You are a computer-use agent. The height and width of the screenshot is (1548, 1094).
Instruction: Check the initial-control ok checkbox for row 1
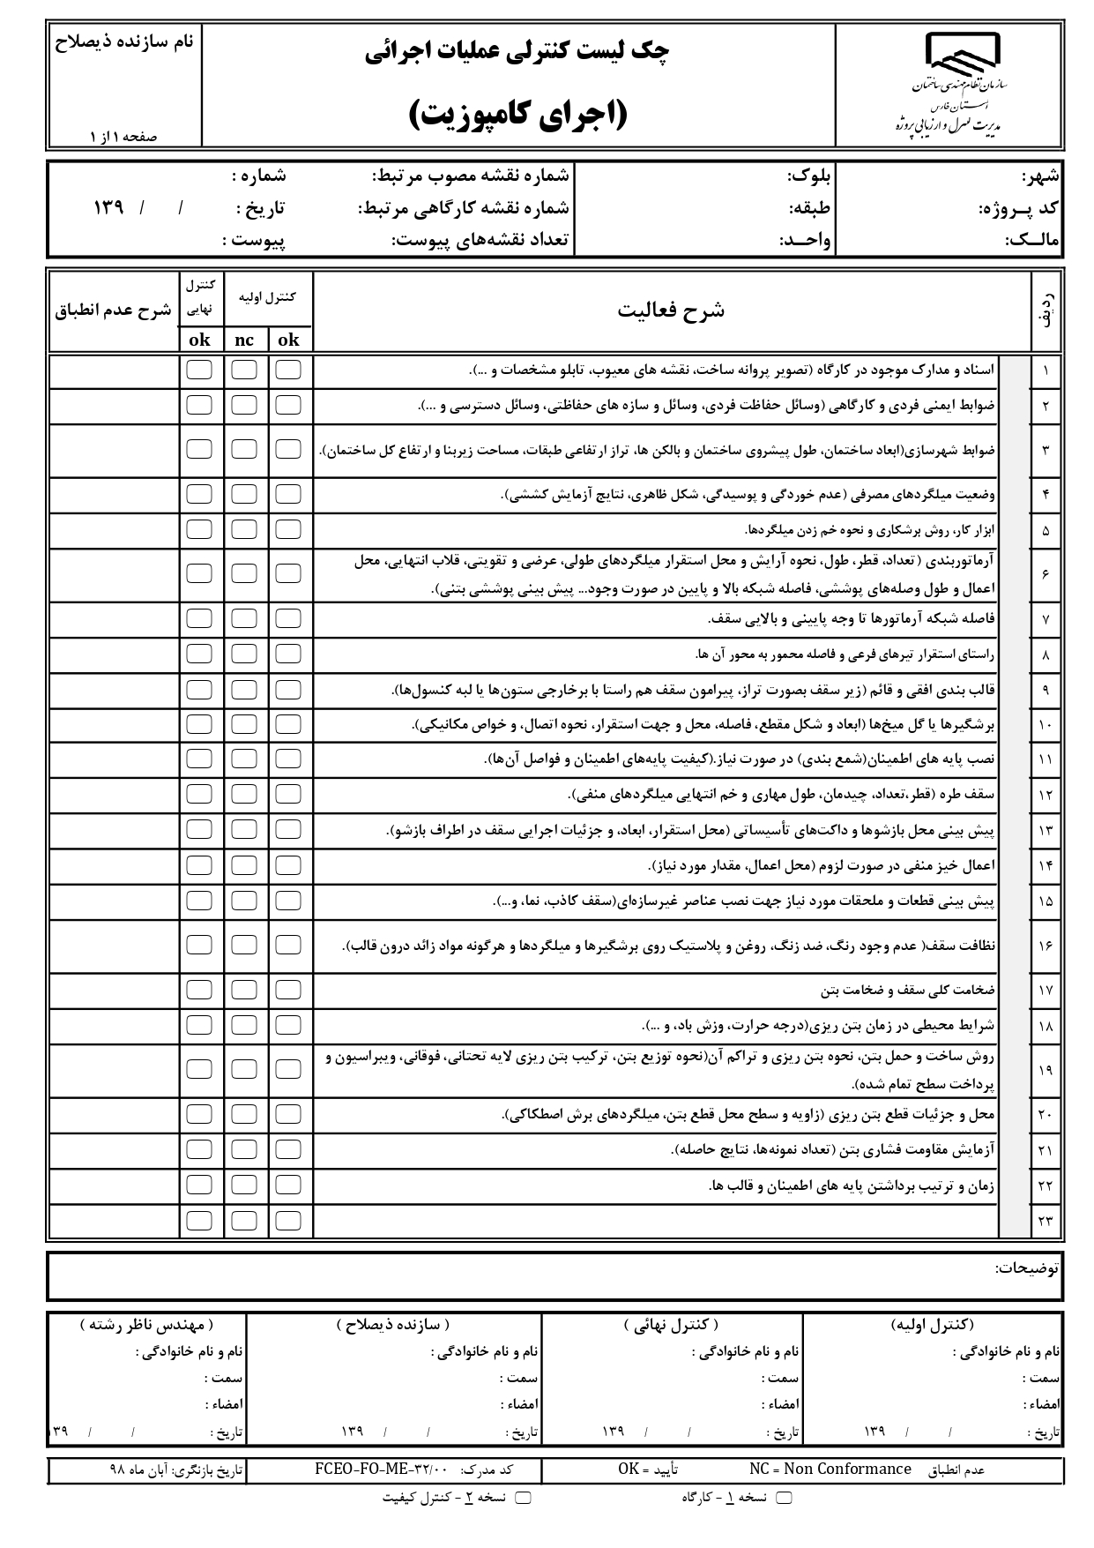[x=288, y=370]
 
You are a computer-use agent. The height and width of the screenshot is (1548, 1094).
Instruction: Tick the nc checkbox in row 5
[x=244, y=530]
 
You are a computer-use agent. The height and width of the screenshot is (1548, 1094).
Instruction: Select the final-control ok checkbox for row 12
[x=199, y=794]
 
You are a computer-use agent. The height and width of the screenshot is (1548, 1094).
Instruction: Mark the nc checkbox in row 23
[x=244, y=1221]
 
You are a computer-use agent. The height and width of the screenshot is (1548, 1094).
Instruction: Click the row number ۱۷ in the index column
[x=1046, y=991]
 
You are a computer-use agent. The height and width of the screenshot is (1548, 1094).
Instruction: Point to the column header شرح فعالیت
[x=671, y=310]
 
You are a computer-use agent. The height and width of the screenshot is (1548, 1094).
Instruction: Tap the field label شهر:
[x=1040, y=176]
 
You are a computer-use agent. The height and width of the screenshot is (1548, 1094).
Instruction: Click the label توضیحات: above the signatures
[x=1027, y=1268]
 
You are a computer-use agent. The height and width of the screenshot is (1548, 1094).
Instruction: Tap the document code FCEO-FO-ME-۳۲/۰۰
[x=382, y=1469]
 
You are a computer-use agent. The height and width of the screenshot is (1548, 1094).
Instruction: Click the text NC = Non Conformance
[x=830, y=1469]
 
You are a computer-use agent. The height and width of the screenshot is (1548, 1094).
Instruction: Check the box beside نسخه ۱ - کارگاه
[x=783, y=1498]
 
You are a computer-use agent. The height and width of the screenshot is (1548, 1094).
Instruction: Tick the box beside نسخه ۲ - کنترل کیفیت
[x=523, y=1498]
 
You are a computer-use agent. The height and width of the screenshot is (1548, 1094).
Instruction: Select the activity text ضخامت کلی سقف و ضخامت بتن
[x=908, y=991]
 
